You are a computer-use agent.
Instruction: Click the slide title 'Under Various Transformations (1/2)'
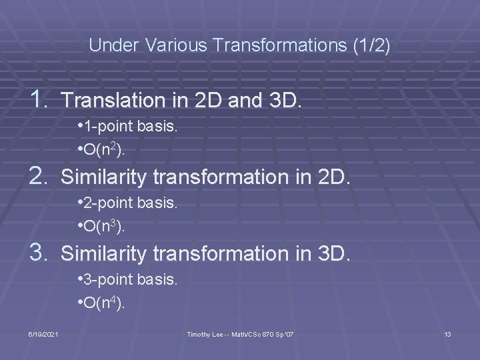pos(239,46)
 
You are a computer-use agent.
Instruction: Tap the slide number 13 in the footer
pos(447,333)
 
